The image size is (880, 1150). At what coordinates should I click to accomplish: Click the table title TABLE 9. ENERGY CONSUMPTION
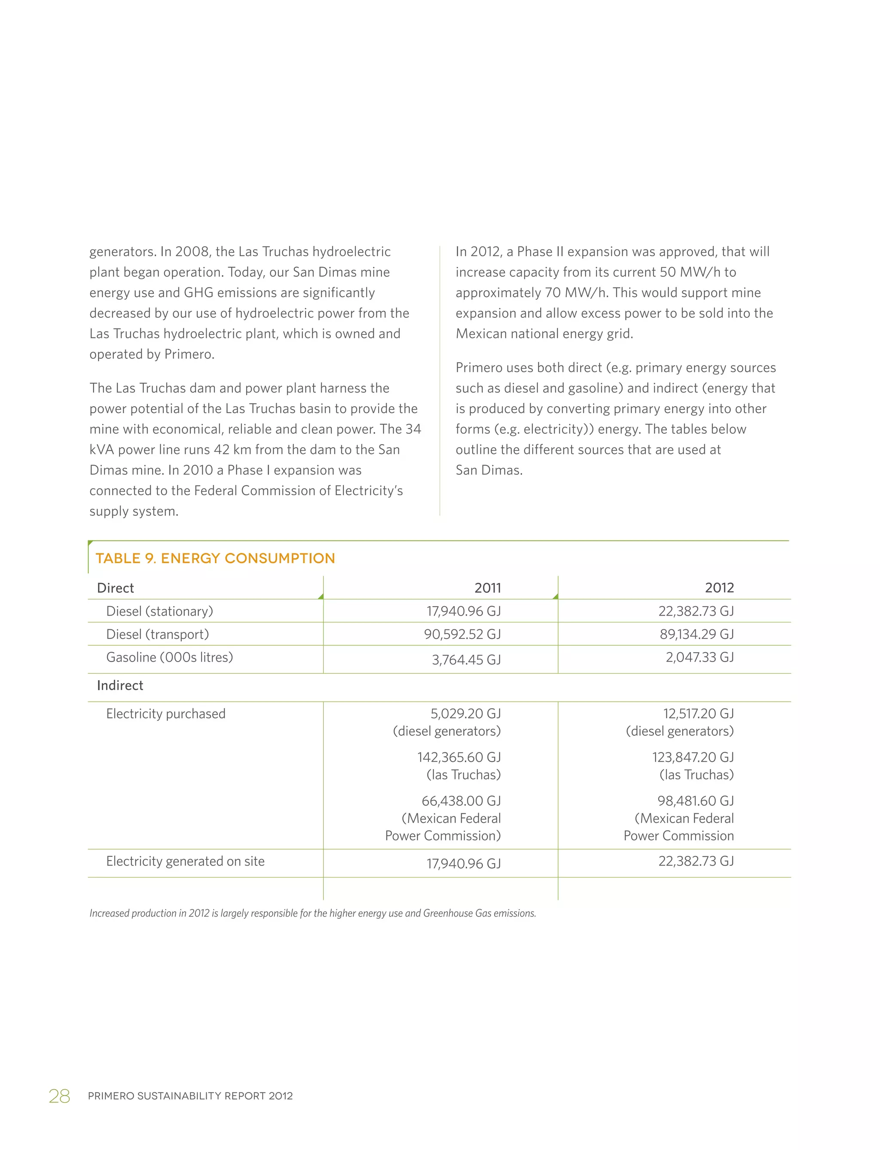(215, 558)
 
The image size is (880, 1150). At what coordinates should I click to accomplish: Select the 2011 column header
(487, 588)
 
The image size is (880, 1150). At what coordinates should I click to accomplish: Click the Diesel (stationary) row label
(159, 611)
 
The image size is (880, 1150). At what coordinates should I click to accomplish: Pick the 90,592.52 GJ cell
(462, 634)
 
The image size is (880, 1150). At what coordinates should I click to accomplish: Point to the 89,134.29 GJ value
(696, 634)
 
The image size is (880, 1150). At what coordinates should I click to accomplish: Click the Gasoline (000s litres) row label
(169, 657)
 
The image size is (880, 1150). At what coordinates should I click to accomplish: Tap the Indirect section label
(120, 686)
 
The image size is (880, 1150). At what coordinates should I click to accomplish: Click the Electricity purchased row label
(165, 714)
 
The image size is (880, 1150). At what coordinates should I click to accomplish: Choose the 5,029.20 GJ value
(465, 714)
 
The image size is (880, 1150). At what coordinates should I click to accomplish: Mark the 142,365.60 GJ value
(459, 757)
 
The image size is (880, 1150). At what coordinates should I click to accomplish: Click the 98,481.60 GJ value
(695, 801)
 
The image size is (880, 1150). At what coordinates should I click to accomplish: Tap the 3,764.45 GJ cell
(466, 660)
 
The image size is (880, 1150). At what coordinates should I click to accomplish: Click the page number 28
(59, 1096)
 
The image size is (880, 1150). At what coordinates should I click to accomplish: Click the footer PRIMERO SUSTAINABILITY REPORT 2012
(190, 1096)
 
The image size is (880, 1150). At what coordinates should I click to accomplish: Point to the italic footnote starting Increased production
(312, 913)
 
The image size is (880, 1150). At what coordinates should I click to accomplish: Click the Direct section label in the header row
(115, 588)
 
